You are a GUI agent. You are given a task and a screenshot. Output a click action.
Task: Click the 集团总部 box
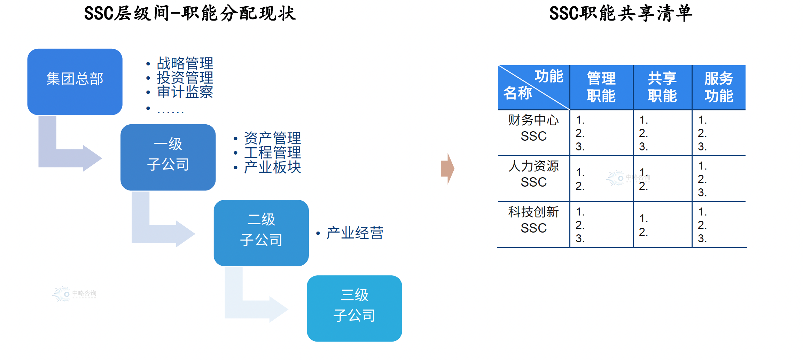[x=75, y=82]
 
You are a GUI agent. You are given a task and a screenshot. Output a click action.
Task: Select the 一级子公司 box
[x=168, y=157]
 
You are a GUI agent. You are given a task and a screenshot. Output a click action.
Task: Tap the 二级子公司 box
[x=261, y=233]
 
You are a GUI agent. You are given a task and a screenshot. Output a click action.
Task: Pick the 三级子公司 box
[x=354, y=308]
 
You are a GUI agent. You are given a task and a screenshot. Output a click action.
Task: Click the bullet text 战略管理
[x=185, y=63]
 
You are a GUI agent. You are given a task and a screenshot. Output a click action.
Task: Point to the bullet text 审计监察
[x=185, y=92]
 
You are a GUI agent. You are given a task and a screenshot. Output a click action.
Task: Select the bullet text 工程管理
[x=272, y=152]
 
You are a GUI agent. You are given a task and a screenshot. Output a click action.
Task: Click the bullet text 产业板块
[x=272, y=167]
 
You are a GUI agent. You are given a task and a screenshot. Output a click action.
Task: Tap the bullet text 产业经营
[x=354, y=233]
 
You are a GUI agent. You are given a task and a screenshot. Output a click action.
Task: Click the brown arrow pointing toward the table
[x=447, y=169]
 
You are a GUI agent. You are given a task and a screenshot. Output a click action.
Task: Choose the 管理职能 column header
[x=601, y=87]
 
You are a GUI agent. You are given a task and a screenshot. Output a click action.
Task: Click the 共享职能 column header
[x=662, y=87]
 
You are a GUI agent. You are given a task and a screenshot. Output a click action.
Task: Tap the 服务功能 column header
[x=719, y=87]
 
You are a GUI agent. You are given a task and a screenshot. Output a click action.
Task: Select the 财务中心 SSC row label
[x=533, y=128]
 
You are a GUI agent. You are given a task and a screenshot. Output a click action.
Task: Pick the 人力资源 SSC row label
[x=533, y=174]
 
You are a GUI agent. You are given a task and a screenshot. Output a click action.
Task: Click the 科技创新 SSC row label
[x=533, y=220]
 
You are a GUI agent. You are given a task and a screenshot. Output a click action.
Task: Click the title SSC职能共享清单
[x=621, y=14]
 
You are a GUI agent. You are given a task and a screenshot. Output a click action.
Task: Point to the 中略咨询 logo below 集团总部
[x=75, y=294]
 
